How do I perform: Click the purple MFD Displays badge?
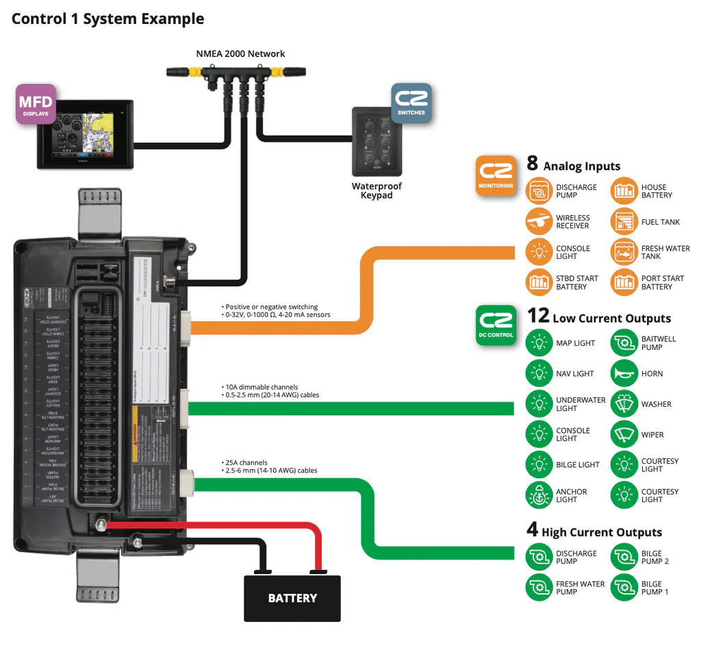click(36, 104)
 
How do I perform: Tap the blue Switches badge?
click(411, 103)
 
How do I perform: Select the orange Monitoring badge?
click(496, 175)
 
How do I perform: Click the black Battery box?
click(292, 598)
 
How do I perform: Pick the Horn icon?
click(624, 373)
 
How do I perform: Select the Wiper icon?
click(624, 434)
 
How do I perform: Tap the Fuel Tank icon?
click(624, 221)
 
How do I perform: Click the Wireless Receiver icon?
click(539, 221)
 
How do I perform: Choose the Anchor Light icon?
click(539, 495)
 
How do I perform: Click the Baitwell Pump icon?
click(624, 343)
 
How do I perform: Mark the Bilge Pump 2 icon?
click(624, 557)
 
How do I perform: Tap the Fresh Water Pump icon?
click(539, 587)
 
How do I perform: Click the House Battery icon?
click(624, 190)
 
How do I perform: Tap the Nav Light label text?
click(574, 374)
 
